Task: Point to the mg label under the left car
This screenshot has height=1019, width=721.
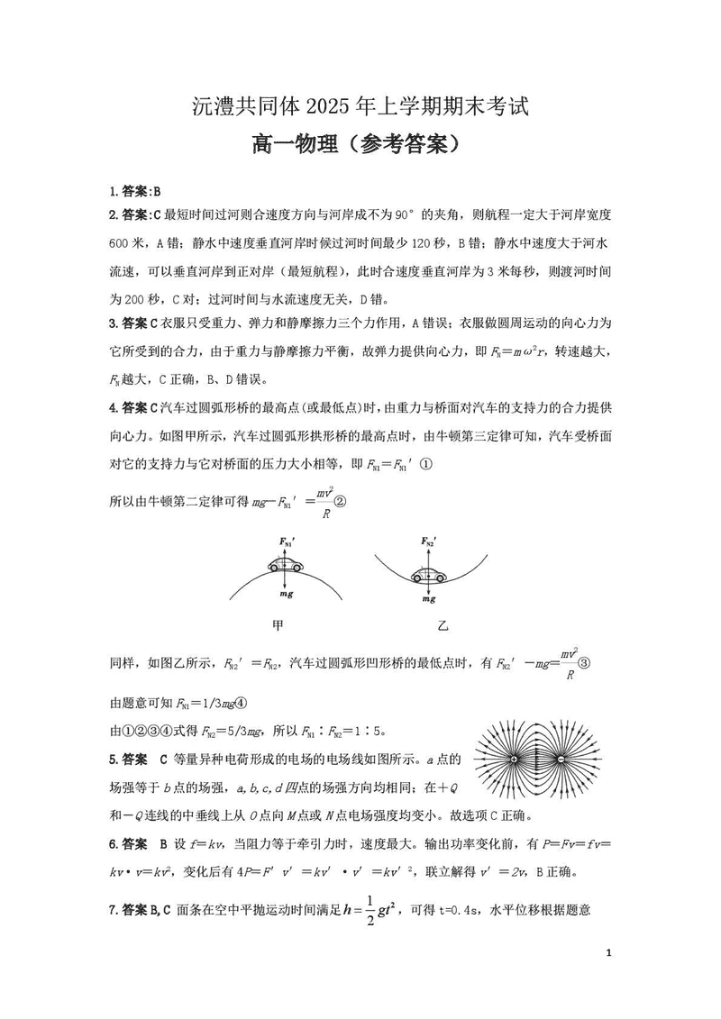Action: tap(286, 596)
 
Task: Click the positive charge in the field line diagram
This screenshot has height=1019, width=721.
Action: tap(515, 760)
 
